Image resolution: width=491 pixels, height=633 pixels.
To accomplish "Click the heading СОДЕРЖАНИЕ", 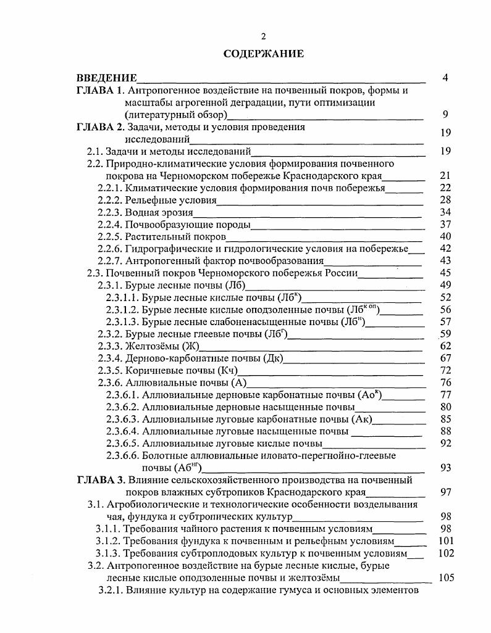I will click(x=264, y=54).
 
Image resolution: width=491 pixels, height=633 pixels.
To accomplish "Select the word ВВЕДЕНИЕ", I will click(x=106, y=78).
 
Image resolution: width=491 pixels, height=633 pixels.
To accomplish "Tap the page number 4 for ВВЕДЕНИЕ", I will click(x=445, y=78).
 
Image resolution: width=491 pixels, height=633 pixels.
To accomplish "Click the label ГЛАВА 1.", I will click(x=100, y=91).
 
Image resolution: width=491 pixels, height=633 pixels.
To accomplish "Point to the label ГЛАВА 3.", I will click(x=101, y=479).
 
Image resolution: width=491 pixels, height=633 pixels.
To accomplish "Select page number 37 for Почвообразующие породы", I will click(x=445, y=224).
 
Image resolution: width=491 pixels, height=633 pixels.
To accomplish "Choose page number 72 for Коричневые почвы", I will click(x=445, y=370).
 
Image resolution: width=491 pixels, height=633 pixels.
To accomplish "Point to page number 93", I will click(x=445, y=468).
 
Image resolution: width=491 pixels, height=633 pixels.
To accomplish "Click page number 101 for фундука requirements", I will click(x=443, y=541).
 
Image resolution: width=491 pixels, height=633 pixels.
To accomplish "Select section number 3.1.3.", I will click(x=109, y=553).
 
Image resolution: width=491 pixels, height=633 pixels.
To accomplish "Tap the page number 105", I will click(x=445, y=578).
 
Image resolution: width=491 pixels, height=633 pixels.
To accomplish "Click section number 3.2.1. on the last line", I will click(x=111, y=590).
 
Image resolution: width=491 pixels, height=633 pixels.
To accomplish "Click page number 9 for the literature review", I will click(x=445, y=114).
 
